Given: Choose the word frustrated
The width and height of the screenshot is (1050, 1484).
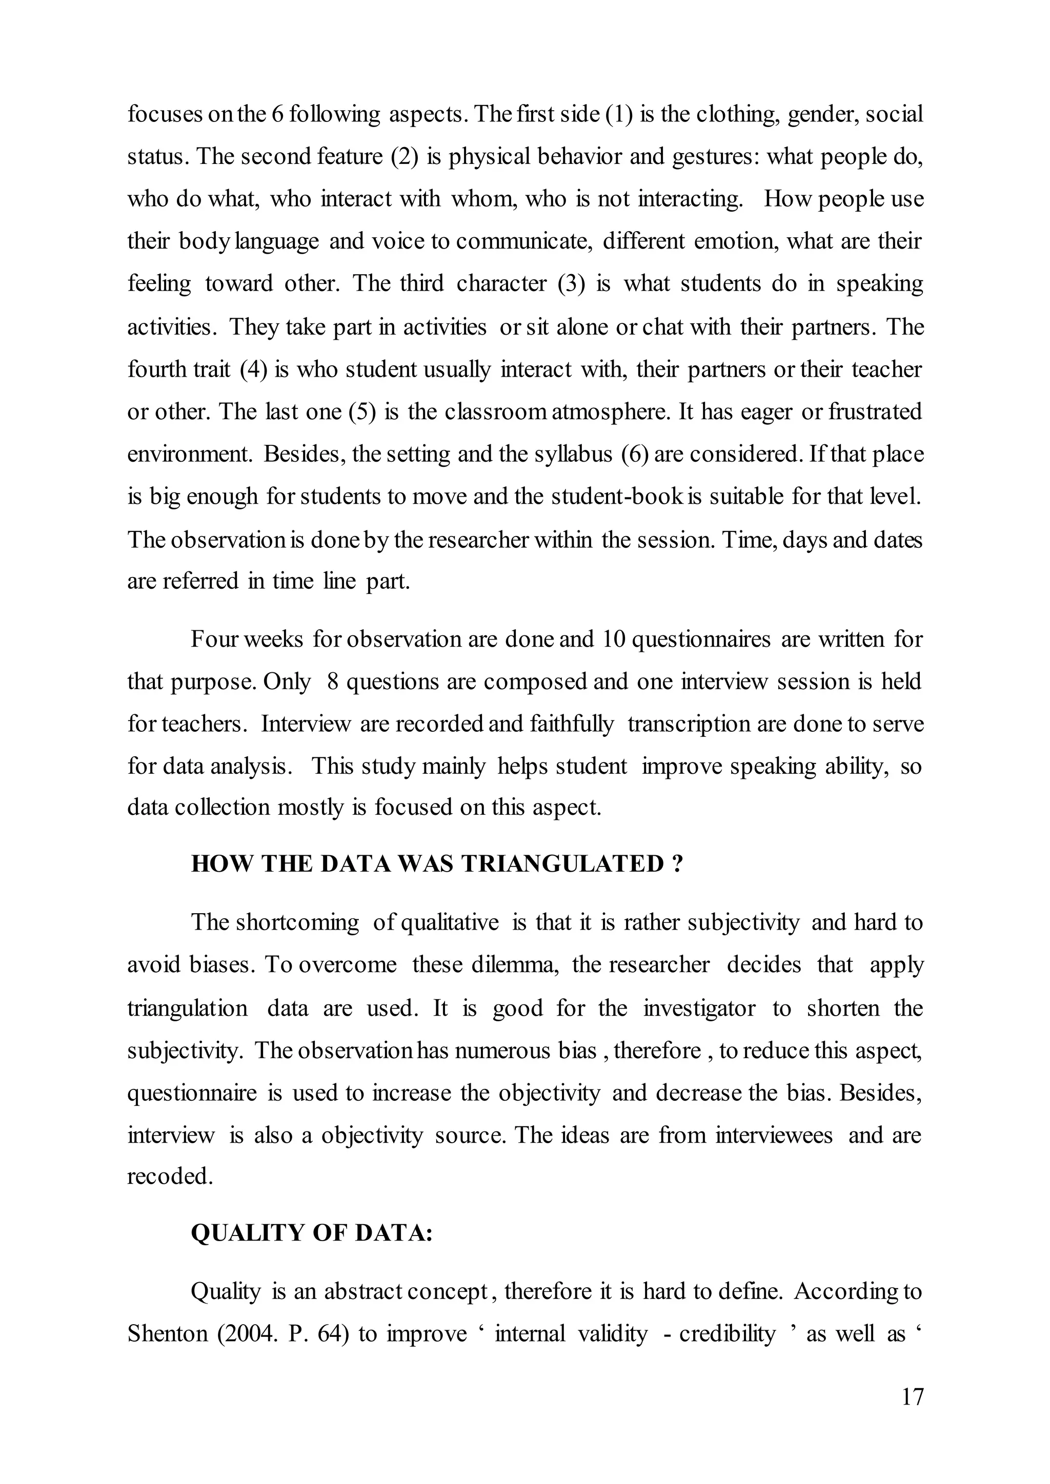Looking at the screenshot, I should [876, 411].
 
